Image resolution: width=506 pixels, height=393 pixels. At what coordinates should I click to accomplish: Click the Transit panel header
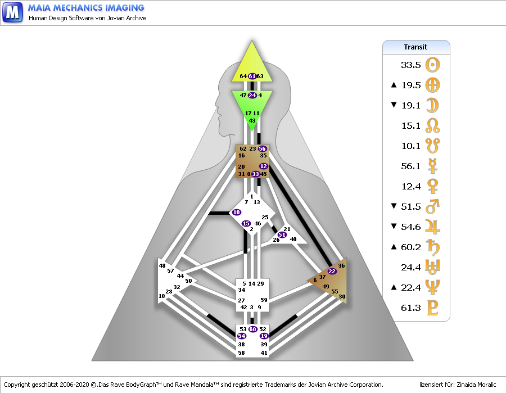416,47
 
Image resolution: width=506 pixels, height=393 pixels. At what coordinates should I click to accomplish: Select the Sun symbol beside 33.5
432,65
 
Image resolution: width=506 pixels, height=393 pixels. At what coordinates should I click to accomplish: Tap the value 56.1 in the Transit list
410,166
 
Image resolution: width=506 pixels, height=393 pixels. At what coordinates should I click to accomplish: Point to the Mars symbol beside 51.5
432,206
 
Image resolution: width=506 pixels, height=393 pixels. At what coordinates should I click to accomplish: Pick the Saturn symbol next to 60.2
432,247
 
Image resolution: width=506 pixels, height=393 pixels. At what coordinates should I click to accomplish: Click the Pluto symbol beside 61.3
432,308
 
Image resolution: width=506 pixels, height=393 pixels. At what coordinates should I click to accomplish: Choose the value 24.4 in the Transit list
410,267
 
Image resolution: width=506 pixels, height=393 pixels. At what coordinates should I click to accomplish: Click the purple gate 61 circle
252,76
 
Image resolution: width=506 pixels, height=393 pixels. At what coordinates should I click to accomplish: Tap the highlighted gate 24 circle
252,95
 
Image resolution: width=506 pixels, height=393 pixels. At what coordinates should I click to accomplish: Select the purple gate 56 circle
263,148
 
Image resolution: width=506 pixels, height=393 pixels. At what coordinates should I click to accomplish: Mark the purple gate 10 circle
236,212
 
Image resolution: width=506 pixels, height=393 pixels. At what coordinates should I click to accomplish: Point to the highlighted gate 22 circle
332,271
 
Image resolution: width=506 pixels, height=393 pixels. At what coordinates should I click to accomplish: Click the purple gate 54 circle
242,336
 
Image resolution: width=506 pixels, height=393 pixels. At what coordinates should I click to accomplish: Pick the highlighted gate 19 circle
264,336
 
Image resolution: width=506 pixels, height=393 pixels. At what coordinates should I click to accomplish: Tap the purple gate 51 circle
282,234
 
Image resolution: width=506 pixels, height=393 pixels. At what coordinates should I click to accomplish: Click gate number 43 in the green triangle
252,120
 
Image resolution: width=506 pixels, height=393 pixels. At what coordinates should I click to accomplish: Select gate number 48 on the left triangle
162,265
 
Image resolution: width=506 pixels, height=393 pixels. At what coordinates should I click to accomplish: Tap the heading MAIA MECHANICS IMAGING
87,8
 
